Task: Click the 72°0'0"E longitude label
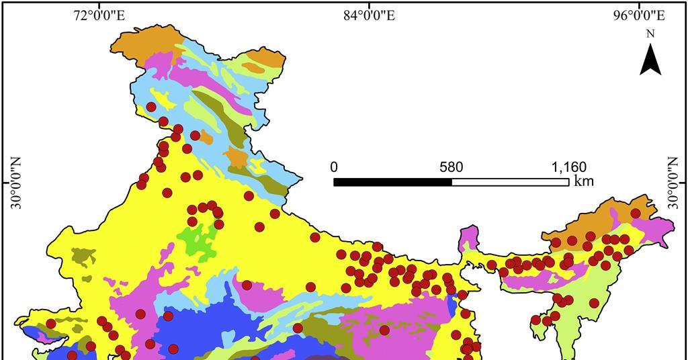(99, 15)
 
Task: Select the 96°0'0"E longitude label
(640, 15)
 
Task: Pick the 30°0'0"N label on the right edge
(673, 183)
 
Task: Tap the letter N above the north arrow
(650, 34)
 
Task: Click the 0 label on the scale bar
(335, 167)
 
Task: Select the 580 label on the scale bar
(451, 167)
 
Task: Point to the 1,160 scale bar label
(568, 167)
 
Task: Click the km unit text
(584, 181)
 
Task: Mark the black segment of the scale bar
(392, 182)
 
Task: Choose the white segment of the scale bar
(510, 182)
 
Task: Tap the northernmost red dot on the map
(151, 107)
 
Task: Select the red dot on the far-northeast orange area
(635, 213)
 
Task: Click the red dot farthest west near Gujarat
(51, 324)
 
